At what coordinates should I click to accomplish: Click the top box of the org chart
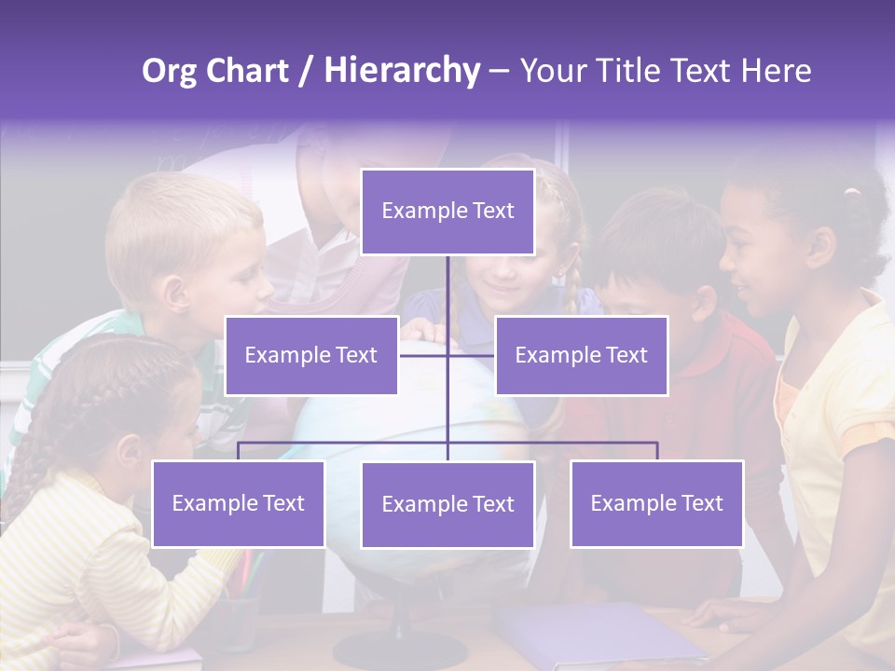[x=447, y=212]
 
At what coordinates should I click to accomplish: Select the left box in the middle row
[x=310, y=355]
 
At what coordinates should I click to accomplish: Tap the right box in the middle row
[x=581, y=355]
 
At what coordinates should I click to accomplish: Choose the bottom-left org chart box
[x=238, y=503]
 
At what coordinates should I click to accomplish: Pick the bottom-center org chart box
[x=447, y=504]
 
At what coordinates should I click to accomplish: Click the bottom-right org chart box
[x=656, y=503]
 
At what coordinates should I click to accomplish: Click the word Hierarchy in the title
[x=402, y=71]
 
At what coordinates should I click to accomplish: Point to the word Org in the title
[x=170, y=71]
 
